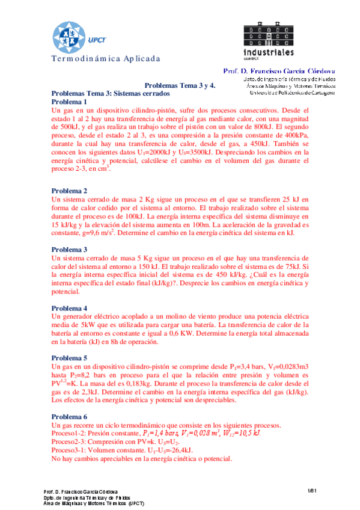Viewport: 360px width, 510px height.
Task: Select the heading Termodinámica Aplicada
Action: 106,59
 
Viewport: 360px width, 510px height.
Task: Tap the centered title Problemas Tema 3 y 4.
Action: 180,87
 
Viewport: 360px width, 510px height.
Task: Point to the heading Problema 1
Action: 70,102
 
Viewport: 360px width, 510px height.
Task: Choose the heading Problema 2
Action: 70,191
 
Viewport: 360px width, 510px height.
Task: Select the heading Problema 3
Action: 70,249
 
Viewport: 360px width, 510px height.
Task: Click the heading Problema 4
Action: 70,307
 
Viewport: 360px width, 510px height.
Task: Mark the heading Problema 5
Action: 70,357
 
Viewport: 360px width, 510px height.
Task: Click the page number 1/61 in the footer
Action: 312,491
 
